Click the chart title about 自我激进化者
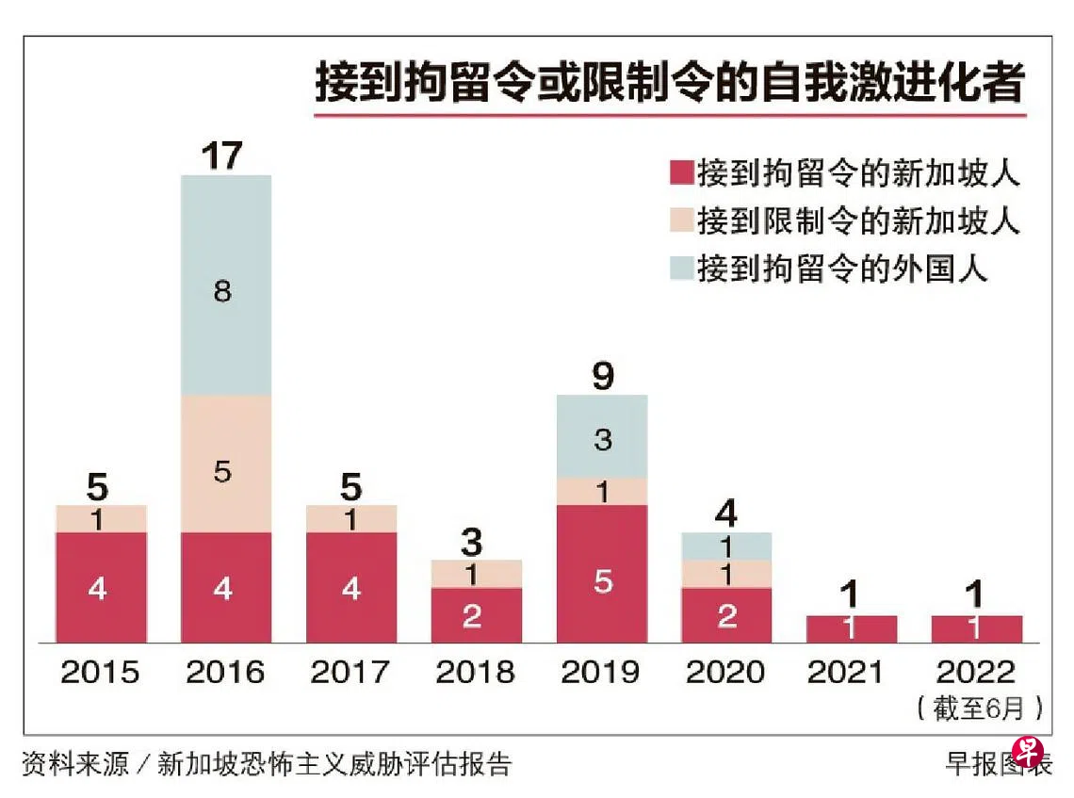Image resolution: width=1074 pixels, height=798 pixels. (x=669, y=83)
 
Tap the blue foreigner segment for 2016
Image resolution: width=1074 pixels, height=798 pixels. (x=226, y=285)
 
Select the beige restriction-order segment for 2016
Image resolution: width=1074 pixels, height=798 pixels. (x=226, y=464)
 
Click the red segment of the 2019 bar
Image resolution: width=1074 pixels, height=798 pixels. (x=602, y=574)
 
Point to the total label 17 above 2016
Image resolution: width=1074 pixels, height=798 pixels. (x=223, y=155)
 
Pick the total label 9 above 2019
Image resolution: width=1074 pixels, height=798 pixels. (x=603, y=376)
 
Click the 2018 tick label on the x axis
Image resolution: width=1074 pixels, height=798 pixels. (x=475, y=673)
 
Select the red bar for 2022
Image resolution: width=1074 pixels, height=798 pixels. (x=976, y=628)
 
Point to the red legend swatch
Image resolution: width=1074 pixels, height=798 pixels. (x=680, y=172)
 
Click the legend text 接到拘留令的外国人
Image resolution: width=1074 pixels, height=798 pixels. (x=842, y=269)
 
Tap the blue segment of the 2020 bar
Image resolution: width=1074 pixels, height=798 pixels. (x=726, y=546)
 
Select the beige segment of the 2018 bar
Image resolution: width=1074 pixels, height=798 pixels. (x=476, y=573)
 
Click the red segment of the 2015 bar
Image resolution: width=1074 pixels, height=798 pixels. (x=101, y=587)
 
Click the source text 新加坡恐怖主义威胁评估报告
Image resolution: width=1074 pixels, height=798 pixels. (x=334, y=763)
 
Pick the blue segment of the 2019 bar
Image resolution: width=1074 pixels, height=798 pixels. (x=602, y=436)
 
